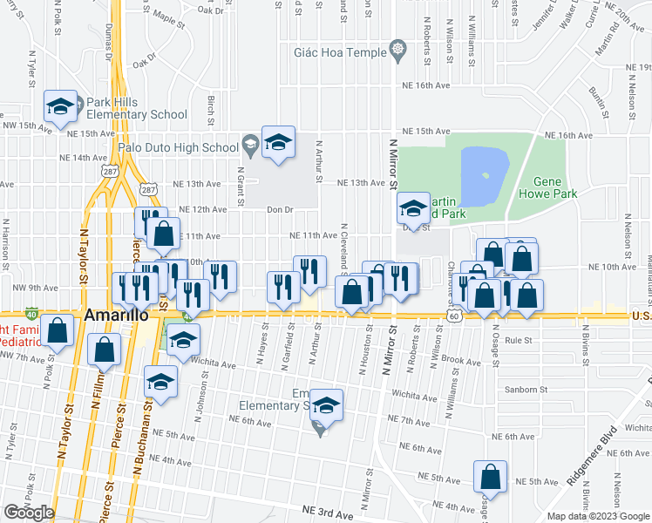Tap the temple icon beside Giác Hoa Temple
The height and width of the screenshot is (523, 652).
pos(397,48)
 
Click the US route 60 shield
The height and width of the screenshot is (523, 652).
pos(456,316)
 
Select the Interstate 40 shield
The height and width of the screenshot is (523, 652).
pos(32,313)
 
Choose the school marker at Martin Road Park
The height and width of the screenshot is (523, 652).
pos(413,208)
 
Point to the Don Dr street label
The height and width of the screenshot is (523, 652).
pos(280,209)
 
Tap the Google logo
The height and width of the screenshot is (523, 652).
pos(29,513)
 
